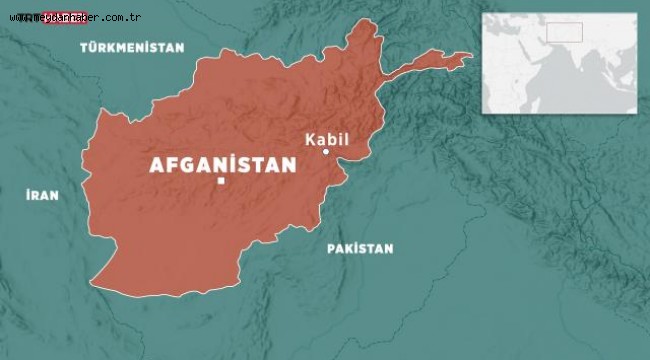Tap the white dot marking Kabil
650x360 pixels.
(x=326, y=152)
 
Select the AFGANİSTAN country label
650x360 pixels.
(x=222, y=165)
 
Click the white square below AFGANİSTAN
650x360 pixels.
(x=221, y=182)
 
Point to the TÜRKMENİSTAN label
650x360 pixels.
(x=132, y=47)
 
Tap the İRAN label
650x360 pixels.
(x=41, y=197)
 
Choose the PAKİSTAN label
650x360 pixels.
(x=360, y=248)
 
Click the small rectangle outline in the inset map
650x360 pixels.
(x=563, y=34)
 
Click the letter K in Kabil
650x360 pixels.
(x=307, y=138)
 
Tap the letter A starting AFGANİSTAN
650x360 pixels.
(x=155, y=166)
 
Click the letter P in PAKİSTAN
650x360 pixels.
(x=331, y=248)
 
